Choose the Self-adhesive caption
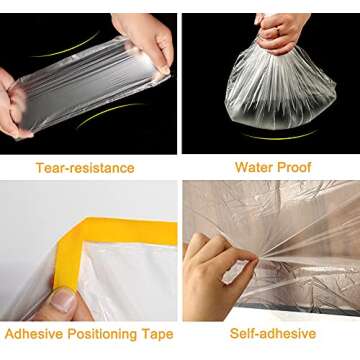271,333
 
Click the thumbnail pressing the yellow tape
62,298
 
